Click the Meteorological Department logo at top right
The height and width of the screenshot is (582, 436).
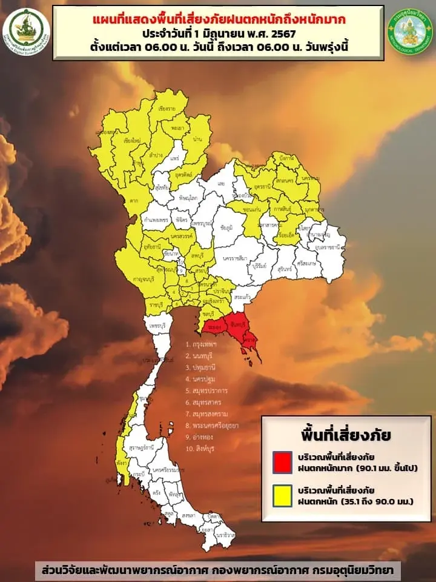(410, 32)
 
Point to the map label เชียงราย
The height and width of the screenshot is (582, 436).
(167, 110)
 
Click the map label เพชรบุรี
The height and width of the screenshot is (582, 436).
(157, 326)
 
